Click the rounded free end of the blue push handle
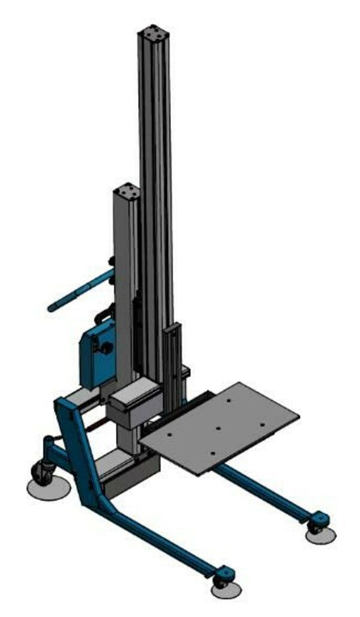click(52, 308)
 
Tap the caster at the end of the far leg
click(316, 526)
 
